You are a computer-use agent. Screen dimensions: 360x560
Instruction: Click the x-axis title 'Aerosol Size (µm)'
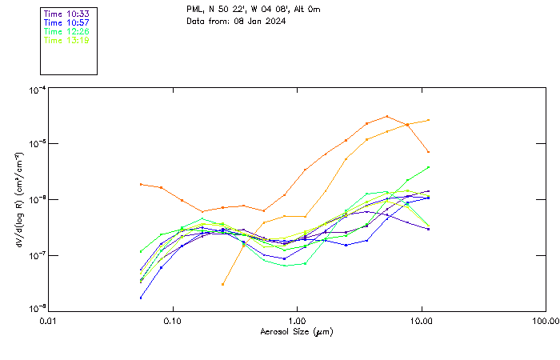297,331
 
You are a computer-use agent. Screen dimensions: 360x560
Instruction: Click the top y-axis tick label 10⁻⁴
36,90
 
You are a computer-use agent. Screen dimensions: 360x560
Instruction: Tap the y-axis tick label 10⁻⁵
36,144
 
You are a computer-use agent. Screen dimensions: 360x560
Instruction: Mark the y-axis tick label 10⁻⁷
36,255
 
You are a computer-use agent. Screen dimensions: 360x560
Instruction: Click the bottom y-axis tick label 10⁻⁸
36,308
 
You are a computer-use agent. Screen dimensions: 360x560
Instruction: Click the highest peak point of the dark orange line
387,116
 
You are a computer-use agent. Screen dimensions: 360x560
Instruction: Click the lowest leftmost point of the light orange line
223,284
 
